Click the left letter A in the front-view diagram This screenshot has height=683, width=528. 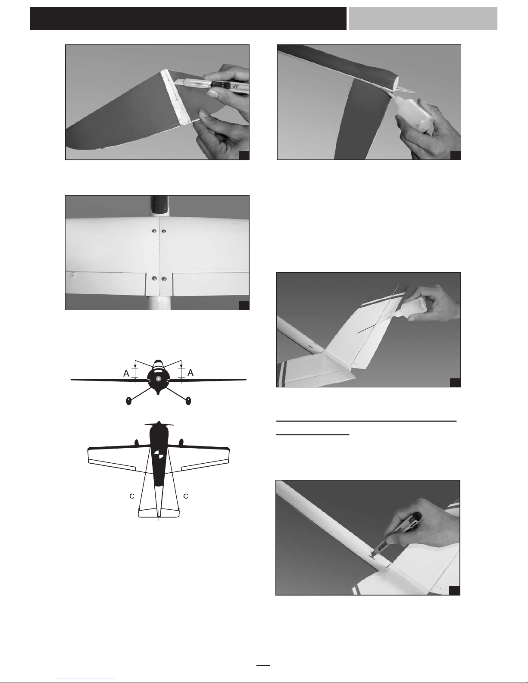(x=126, y=373)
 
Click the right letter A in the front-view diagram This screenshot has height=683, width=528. (x=191, y=373)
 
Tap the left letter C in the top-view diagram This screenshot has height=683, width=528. (x=132, y=496)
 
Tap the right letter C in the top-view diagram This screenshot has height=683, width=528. (x=186, y=496)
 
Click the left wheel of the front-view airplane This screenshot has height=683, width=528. (x=128, y=401)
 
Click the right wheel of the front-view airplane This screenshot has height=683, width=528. (x=188, y=401)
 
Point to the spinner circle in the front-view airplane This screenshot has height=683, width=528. (x=159, y=379)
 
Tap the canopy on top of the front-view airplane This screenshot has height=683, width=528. (x=159, y=364)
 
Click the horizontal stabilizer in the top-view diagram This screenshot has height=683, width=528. (x=159, y=513)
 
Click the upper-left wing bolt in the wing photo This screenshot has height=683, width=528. (x=154, y=231)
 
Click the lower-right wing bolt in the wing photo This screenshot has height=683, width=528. (x=164, y=279)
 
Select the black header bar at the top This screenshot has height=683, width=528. (x=188, y=18)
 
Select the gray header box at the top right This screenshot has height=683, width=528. (x=423, y=18)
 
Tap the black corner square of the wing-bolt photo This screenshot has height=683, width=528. (x=244, y=306)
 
